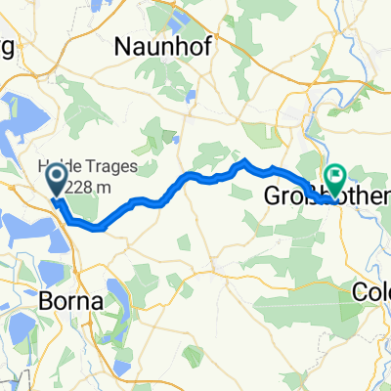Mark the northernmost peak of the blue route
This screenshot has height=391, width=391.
point(245,160)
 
